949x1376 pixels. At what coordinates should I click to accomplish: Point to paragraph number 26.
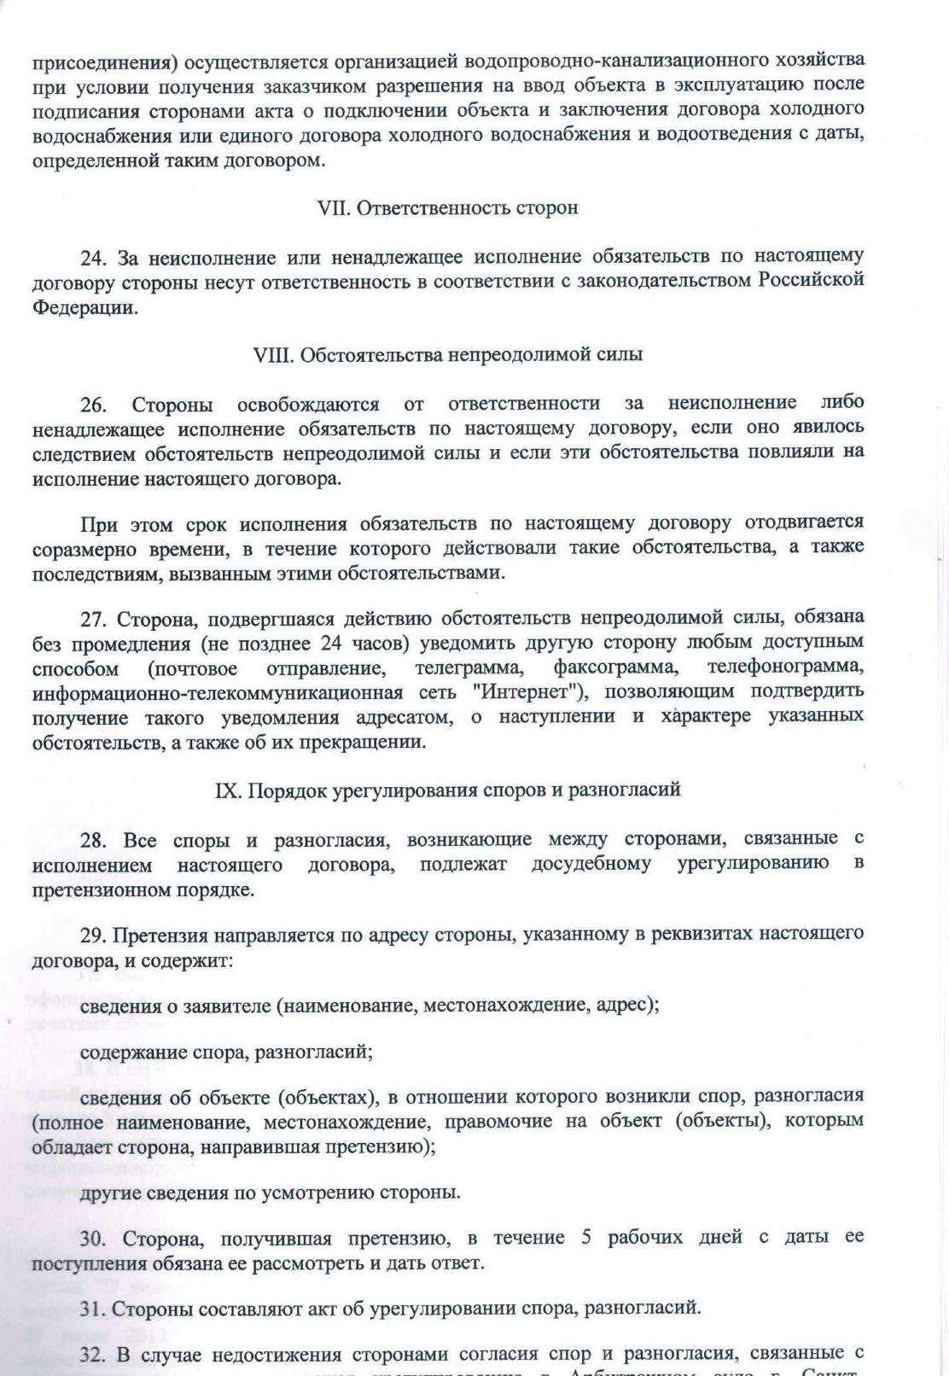[x=93, y=404]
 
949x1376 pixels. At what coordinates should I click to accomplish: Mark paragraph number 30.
[x=93, y=1238]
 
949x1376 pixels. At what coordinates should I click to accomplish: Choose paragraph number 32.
[x=93, y=1354]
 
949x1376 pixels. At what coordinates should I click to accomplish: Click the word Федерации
[x=84, y=307]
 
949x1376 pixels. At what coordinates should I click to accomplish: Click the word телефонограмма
[x=785, y=667]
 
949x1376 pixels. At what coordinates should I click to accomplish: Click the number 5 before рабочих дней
[x=586, y=1238]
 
